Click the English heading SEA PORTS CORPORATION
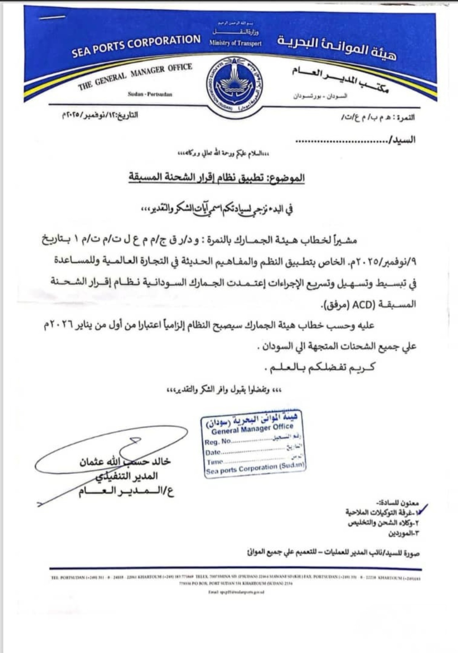point(136,46)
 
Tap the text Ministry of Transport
point(235,44)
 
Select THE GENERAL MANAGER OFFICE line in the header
point(135,76)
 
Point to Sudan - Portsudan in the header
point(150,94)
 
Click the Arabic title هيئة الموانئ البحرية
point(337,47)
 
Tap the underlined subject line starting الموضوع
point(216,178)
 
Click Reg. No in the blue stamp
point(218,442)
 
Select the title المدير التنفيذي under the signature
point(126,476)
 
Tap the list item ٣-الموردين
point(403,534)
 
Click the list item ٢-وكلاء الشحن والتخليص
point(383,523)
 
